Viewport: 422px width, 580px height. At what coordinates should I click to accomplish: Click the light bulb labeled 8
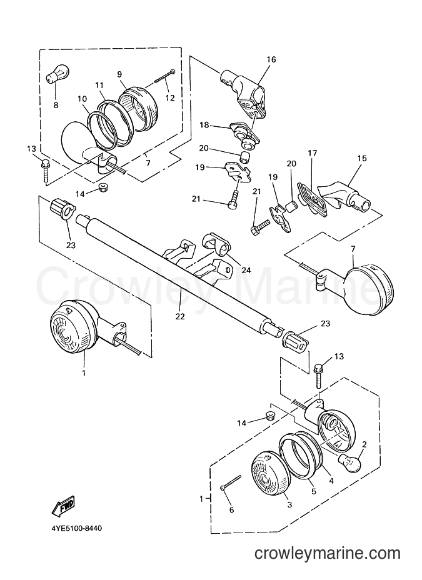point(56,74)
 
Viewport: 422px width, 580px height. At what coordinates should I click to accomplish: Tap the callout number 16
point(271,59)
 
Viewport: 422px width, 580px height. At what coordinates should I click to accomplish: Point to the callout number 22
point(180,316)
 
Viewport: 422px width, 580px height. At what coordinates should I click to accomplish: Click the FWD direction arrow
point(63,507)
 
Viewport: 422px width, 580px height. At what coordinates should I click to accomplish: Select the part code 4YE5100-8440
point(76,528)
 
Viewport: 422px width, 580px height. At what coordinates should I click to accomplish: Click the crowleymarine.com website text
point(328,553)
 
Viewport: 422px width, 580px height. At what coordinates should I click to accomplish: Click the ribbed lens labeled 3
point(269,473)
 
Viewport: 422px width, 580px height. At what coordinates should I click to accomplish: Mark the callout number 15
point(362,158)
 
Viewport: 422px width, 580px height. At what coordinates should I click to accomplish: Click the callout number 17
point(313,152)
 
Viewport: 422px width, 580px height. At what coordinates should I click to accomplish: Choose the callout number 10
point(82,99)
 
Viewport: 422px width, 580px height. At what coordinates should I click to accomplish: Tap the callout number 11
point(99,85)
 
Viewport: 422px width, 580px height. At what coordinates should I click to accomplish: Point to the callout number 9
point(119,74)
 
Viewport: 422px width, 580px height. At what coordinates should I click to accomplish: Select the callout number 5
point(314,492)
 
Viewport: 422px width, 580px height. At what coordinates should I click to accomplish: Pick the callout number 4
point(331,481)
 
